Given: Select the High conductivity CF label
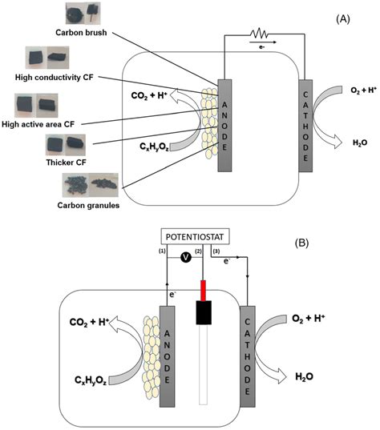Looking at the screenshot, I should tap(50, 77).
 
